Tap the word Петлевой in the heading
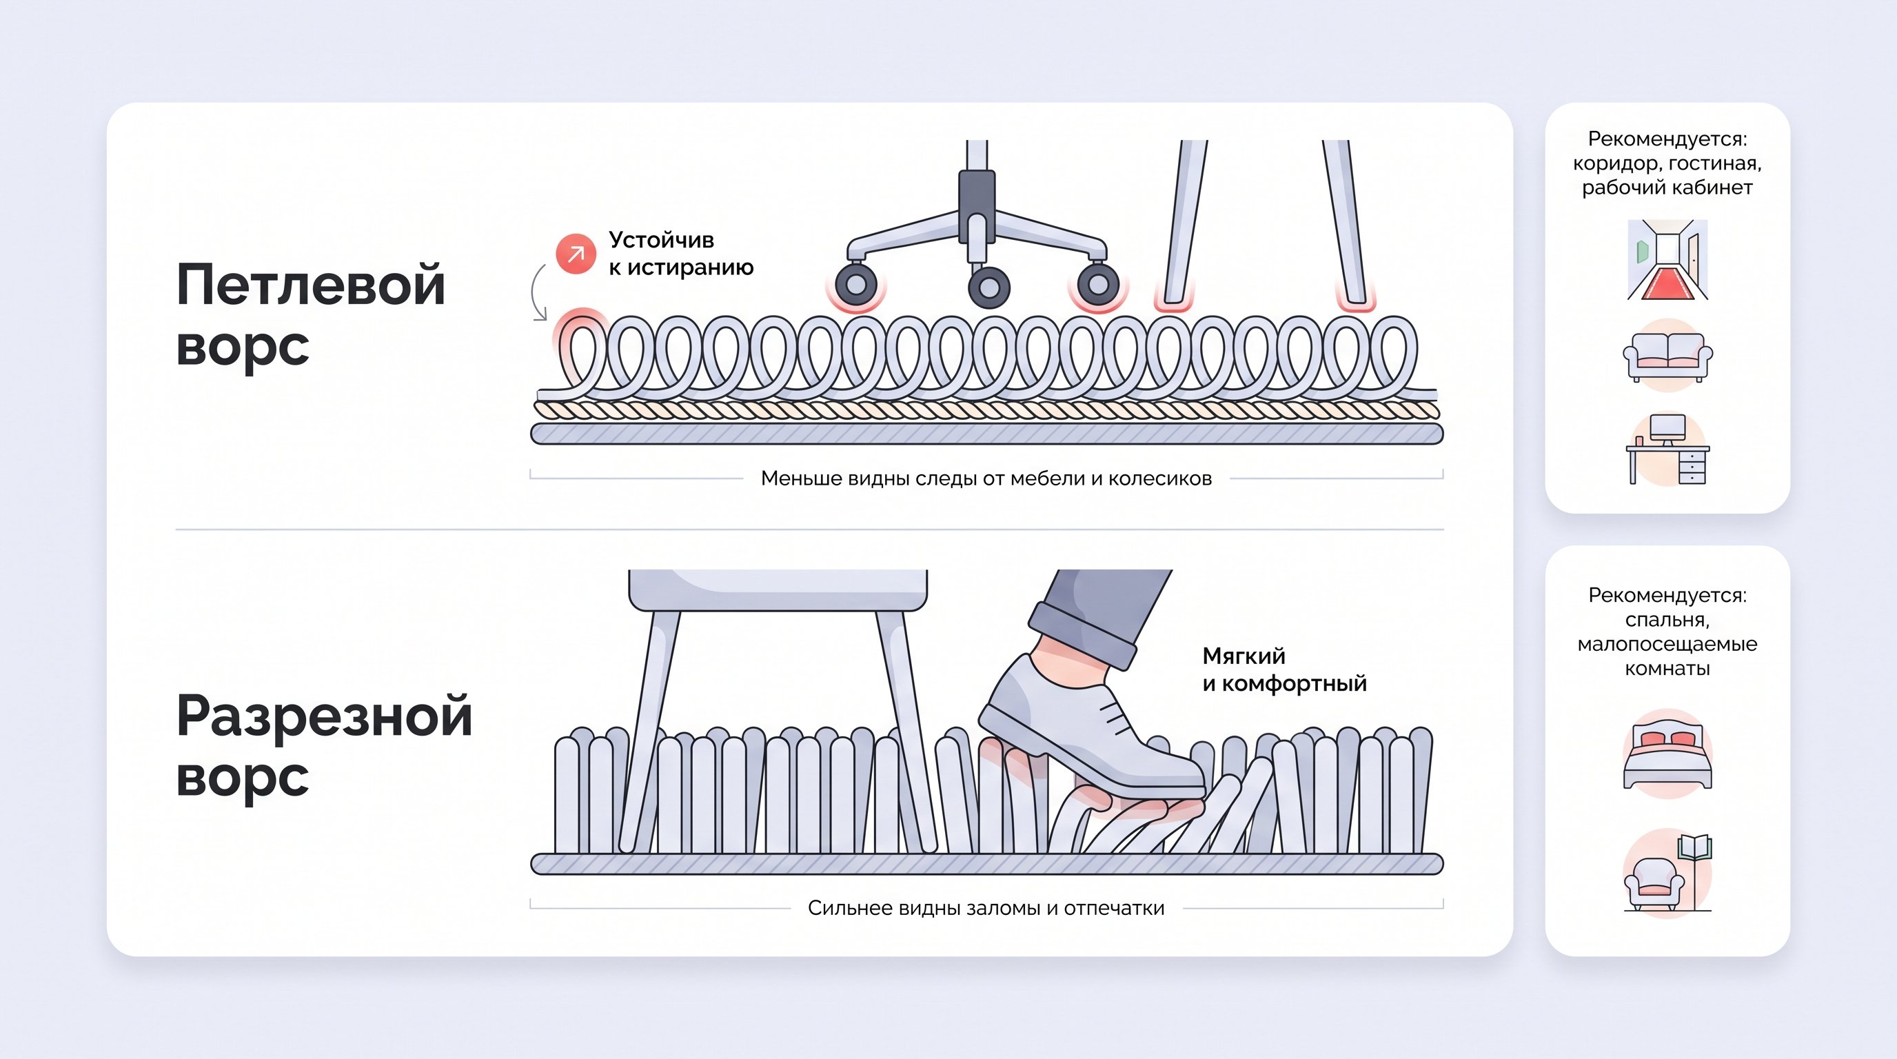pyautogui.click(x=311, y=285)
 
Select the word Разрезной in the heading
pyautogui.click(x=324, y=716)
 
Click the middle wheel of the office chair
pyautogui.click(x=988, y=288)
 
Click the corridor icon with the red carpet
pyautogui.click(x=1667, y=260)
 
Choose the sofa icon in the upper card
pyautogui.click(x=1667, y=356)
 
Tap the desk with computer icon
pyautogui.click(x=1667, y=450)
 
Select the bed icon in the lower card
pyautogui.click(x=1667, y=755)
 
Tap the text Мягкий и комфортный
pyautogui.click(x=1284, y=669)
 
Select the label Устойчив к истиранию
pyautogui.click(x=680, y=253)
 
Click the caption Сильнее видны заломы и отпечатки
pyautogui.click(x=985, y=908)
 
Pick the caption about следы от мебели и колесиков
pyautogui.click(x=985, y=478)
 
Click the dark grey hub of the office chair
pyautogui.click(x=977, y=204)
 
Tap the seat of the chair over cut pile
pyautogui.click(x=778, y=589)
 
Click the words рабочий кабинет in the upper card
pyautogui.click(x=1667, y=188)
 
